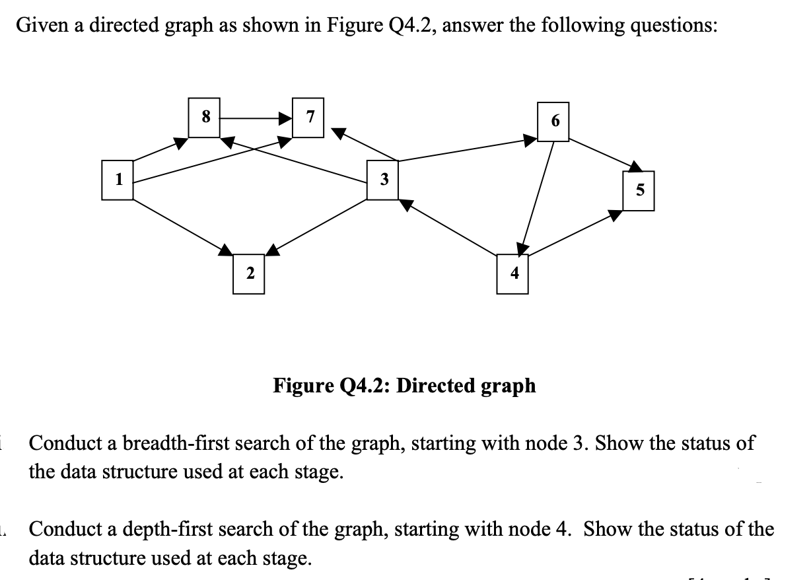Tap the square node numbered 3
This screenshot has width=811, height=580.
(384, 178)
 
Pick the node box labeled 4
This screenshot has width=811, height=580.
(512, 272)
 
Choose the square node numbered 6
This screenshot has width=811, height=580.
(554, 121)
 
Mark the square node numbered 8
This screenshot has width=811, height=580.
(205, 118)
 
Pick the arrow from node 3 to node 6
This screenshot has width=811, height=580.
(462, 149)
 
